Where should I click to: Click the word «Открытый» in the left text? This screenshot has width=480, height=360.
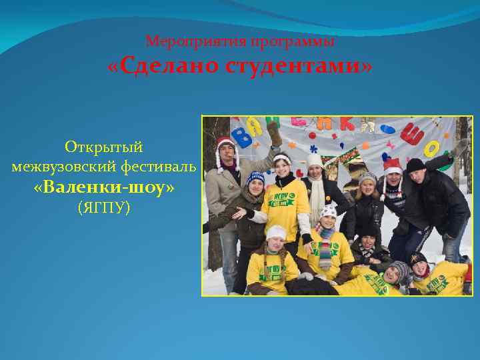[x=104, y=146]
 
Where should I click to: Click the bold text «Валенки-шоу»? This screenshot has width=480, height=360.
[x=104, y=189]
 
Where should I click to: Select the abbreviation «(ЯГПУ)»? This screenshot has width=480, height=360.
[x=104, y=209]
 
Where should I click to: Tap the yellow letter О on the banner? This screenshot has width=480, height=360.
[x=432, y=147]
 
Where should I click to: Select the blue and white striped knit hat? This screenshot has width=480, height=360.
[x=255, y=177]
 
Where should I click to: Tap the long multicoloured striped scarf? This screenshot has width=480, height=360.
[x=325, y=250]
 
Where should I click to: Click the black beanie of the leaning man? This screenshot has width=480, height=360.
[x=415, y=165]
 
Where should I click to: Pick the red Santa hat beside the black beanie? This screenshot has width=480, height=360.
[x=393, y=166]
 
